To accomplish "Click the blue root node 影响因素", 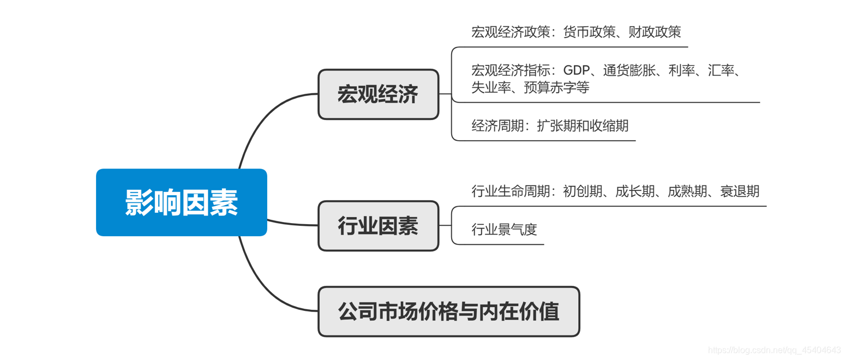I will (181, 202).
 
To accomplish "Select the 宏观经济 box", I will (378, 94).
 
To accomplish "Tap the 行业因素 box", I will (378, 226).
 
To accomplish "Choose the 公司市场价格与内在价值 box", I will (448, 311).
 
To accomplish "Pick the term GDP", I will (575, 71).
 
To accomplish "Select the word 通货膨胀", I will (629, 71).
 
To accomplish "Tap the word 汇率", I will (721, 71).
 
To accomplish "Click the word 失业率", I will (491, 87).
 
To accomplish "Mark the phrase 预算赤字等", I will (556, 87).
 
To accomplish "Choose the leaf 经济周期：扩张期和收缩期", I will (550, 126).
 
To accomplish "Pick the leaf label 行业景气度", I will (504, 230).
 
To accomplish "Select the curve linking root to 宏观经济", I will (262, 117).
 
